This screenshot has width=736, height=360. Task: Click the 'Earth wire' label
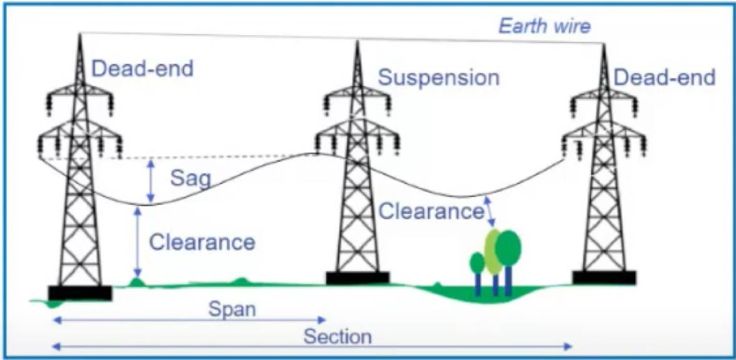tap(544, 26)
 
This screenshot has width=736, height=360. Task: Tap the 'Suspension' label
tap(438, 78)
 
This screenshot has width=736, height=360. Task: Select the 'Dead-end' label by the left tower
tap(142, 68)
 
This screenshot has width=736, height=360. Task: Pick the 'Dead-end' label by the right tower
tap(664, 78)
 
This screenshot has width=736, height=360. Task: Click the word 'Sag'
tap(191, 180)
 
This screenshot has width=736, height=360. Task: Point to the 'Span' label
tap(232, 309)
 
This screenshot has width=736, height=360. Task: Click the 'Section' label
tap(338, 337)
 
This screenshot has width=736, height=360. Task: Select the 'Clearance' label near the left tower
tap(202, 242)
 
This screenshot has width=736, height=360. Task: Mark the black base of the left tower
tap(80, 293)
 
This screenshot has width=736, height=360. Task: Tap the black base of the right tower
tap(604, 277)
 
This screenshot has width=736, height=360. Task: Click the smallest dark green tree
tap(477, 263)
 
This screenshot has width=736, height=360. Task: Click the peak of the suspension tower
tap(358, 43)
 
